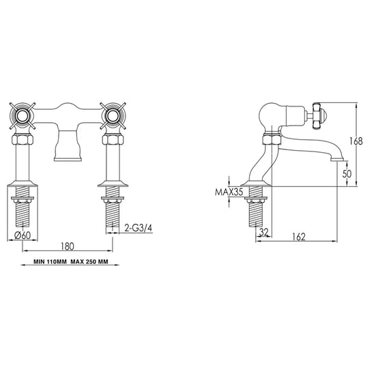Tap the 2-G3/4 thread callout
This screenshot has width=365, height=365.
coord(133,227)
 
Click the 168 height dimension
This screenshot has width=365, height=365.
coord(349,142)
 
